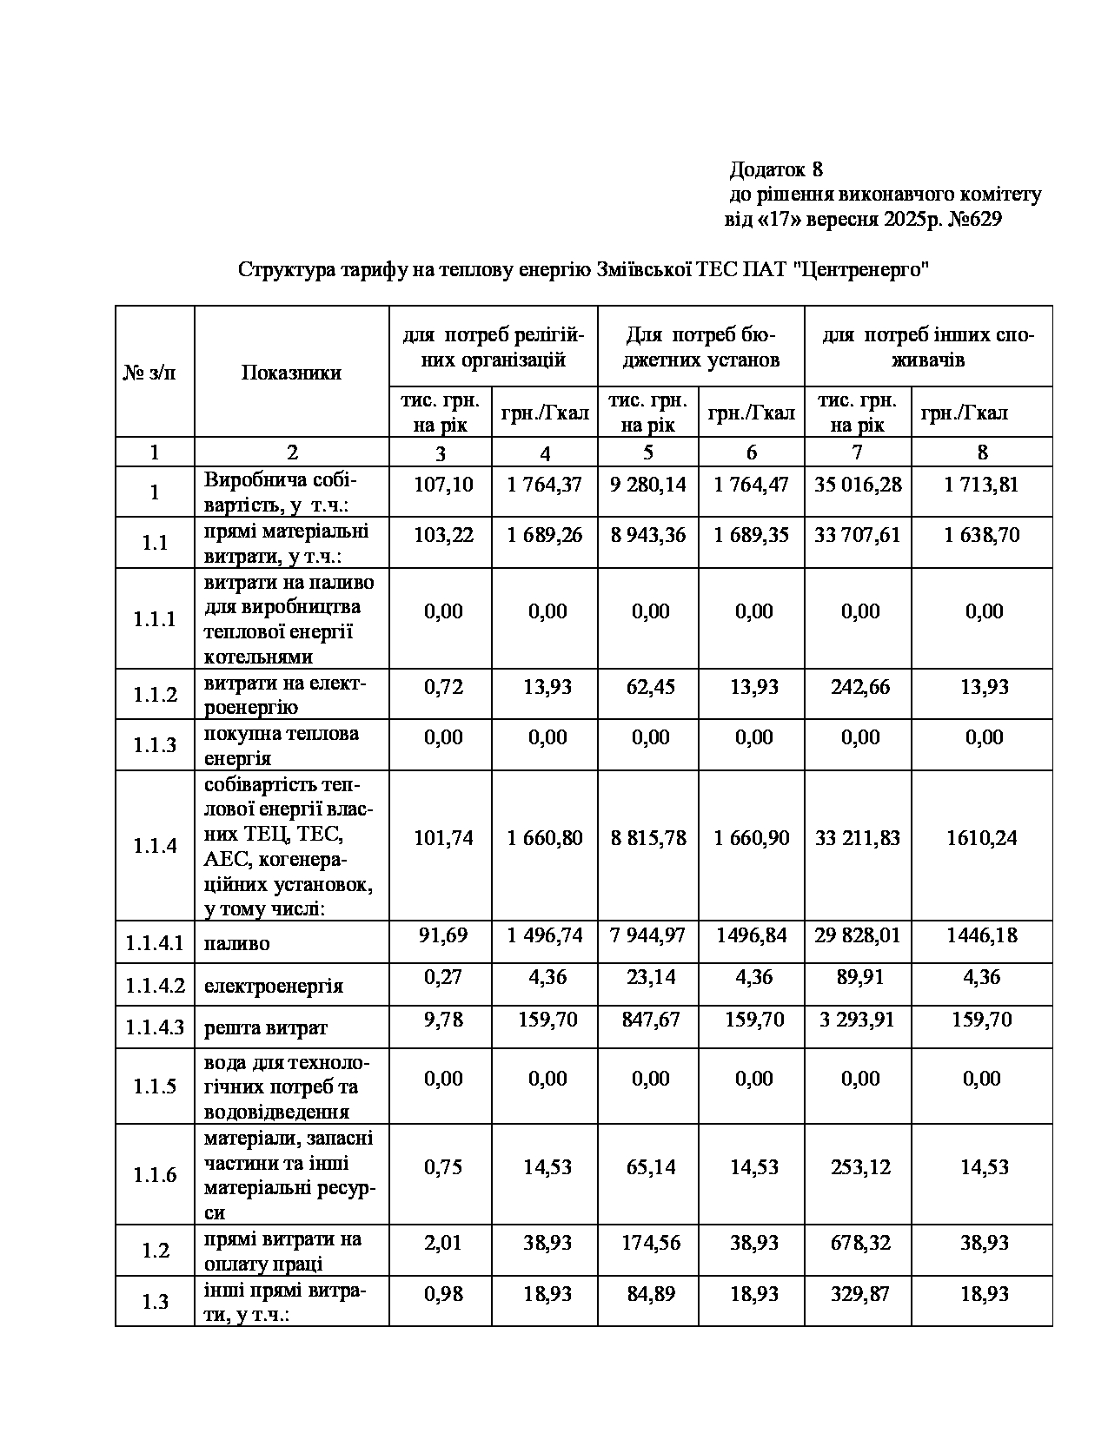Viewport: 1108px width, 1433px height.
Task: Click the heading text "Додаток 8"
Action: (775, 168)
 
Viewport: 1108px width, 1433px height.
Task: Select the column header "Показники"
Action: (291, 373)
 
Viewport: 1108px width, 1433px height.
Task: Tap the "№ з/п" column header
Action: (154, 373)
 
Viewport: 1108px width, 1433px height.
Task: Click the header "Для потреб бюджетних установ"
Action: (700, 347)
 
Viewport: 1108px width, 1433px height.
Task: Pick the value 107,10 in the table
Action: (443, 485)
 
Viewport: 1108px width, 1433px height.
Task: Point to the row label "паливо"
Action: (236, 943)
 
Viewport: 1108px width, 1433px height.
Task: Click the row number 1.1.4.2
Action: (155, 986)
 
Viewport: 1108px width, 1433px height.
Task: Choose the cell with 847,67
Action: (650, 1019)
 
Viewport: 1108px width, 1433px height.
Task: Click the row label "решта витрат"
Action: (266, 1028)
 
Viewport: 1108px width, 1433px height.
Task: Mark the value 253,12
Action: (859, 1166)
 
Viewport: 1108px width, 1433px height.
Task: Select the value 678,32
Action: (859, 1243)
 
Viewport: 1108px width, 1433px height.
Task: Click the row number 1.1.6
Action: (155, 1175)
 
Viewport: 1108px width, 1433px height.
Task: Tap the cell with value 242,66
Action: (859, 687)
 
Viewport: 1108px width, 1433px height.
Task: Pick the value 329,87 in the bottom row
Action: (859, 1294)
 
